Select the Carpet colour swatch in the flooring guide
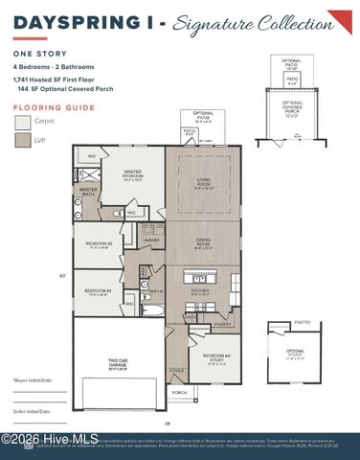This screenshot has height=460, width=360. [23, 123]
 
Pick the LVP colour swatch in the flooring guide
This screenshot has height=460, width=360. [23, 140]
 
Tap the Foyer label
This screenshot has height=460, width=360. [176, 370]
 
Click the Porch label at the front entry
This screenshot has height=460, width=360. [178, 392]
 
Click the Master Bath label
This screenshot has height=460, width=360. [88, 191]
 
